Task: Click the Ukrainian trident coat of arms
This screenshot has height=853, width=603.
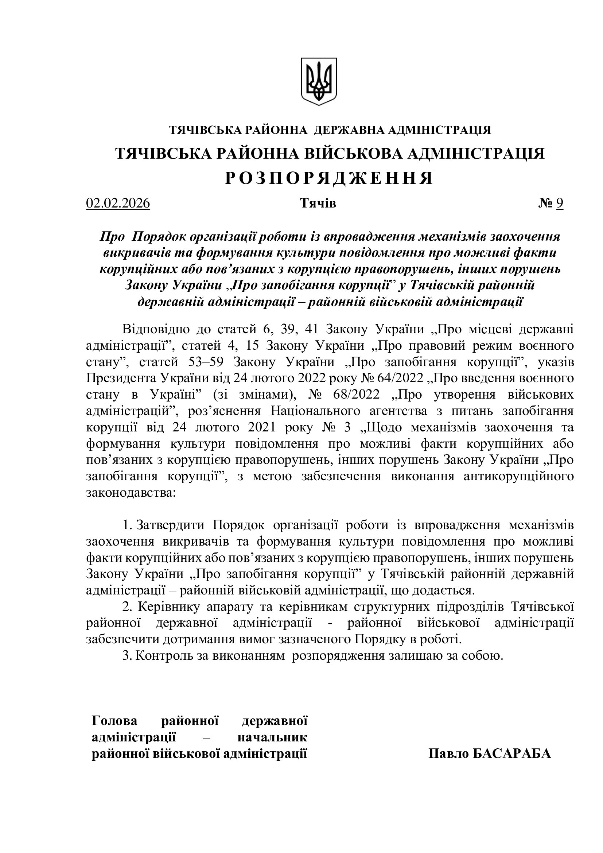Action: [x=319, y=81]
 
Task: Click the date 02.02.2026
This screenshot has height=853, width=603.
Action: [x=118, y=203]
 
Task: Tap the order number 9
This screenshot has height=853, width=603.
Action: [x=560, y=203]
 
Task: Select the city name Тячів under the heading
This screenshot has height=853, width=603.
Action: [x=318, y=203]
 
